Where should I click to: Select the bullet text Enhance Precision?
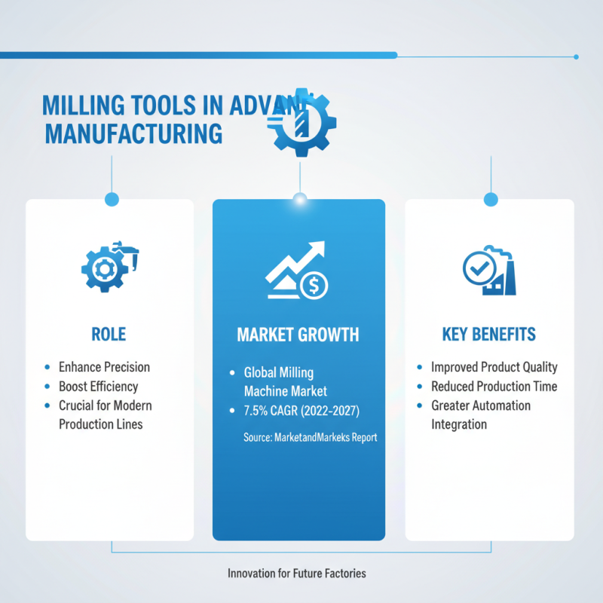(104, 367)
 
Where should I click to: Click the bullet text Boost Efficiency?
(98, 387)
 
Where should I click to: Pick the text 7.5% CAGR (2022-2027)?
(297, 411)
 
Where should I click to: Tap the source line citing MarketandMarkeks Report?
(310, 437)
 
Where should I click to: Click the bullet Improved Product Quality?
(494, 367)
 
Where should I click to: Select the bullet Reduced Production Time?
(494, 387)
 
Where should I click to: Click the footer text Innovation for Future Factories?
(296, 574)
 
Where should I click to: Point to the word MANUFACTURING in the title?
(134, 134)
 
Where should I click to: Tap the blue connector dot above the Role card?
(112, 199)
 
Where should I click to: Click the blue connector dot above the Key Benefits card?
(491, 199)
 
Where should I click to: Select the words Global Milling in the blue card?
(278, 372)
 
